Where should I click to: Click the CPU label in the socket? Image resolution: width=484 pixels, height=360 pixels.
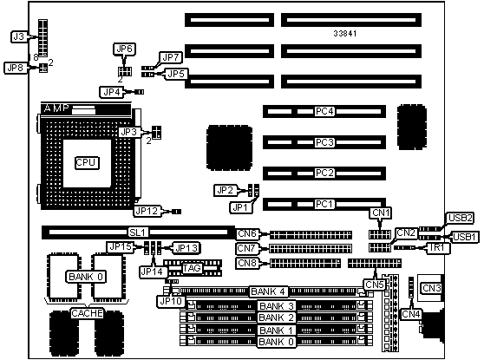87,163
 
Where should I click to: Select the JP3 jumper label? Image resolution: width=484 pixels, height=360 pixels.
128,132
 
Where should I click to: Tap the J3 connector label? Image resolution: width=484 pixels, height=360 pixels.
19,36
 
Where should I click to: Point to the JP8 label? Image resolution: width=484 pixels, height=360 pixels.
15,68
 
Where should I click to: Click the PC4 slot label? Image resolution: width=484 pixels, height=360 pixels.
324,111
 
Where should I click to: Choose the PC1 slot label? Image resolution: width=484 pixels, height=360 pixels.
324,204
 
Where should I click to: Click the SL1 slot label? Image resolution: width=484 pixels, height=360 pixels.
139,232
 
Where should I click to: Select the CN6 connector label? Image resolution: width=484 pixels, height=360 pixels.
247,233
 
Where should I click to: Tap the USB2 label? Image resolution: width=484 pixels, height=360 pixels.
461,218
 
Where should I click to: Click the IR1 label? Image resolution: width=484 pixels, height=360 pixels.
437,247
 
